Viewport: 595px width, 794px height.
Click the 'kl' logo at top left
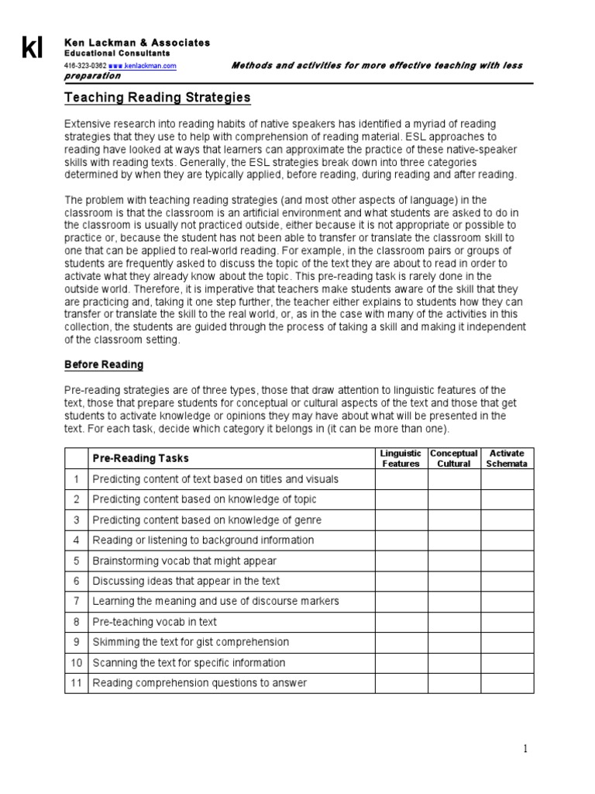coord(32,49)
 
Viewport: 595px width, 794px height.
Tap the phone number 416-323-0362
coord(84,66)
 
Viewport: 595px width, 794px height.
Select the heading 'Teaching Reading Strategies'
coord(156,98)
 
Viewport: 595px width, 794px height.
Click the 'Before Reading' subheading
coord(103,364)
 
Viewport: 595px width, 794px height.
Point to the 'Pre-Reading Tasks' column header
coord(140,458)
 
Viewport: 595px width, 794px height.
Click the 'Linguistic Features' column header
coord(401,458)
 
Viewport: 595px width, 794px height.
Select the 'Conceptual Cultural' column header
coord(454,458)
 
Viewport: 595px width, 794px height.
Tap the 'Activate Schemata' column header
coord(507,458)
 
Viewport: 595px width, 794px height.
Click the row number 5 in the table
coord(76,561)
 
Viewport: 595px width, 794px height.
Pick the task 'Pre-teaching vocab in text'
coord(154,622)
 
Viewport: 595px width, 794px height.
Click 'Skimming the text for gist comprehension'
coord(191,642)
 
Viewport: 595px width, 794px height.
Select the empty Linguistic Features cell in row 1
coord(401,479)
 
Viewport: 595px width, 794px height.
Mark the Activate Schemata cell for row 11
coord(507,683)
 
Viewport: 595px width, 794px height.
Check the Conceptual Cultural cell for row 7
coord(454,601)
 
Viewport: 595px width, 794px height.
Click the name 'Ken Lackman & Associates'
coord(136,43)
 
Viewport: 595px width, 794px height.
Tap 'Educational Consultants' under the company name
coord(116,54)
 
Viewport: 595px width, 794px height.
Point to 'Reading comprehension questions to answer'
coord(199,683)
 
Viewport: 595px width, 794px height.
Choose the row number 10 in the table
coord(76,663)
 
